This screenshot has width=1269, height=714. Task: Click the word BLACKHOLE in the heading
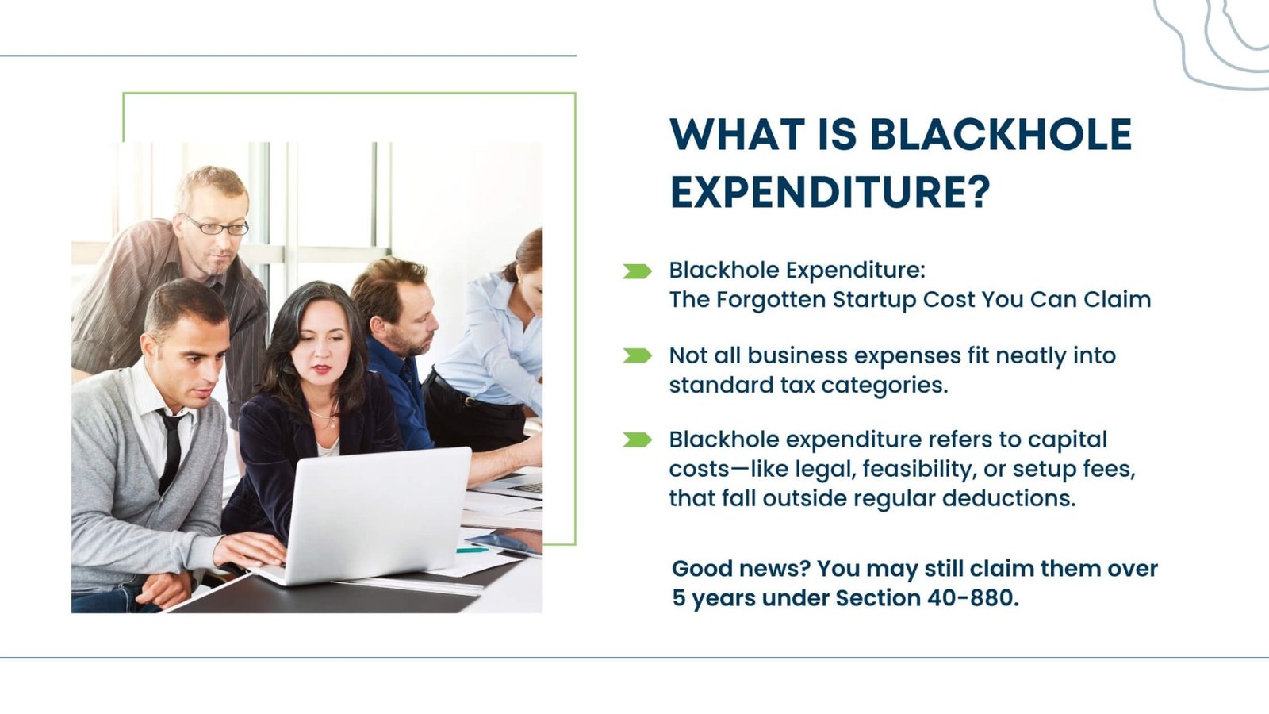coord(1001,134)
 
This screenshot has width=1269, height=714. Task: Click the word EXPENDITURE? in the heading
coord(830,192)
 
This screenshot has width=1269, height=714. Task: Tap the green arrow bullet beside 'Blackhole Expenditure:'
coord(637,271)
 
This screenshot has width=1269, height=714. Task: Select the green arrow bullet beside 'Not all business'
coord(637,355)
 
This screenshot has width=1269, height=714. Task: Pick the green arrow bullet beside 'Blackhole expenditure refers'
coord(637,440)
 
